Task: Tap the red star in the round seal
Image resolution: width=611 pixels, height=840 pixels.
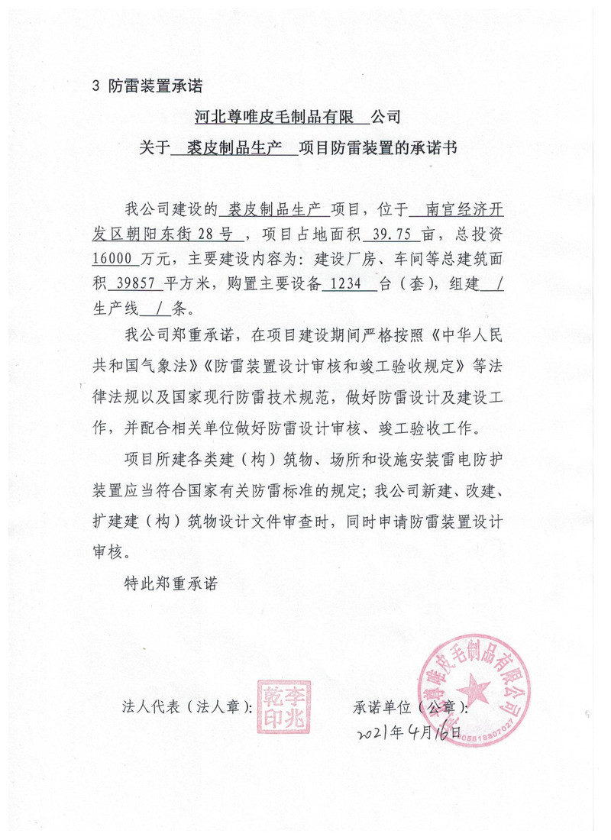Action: tap(473, 688)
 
